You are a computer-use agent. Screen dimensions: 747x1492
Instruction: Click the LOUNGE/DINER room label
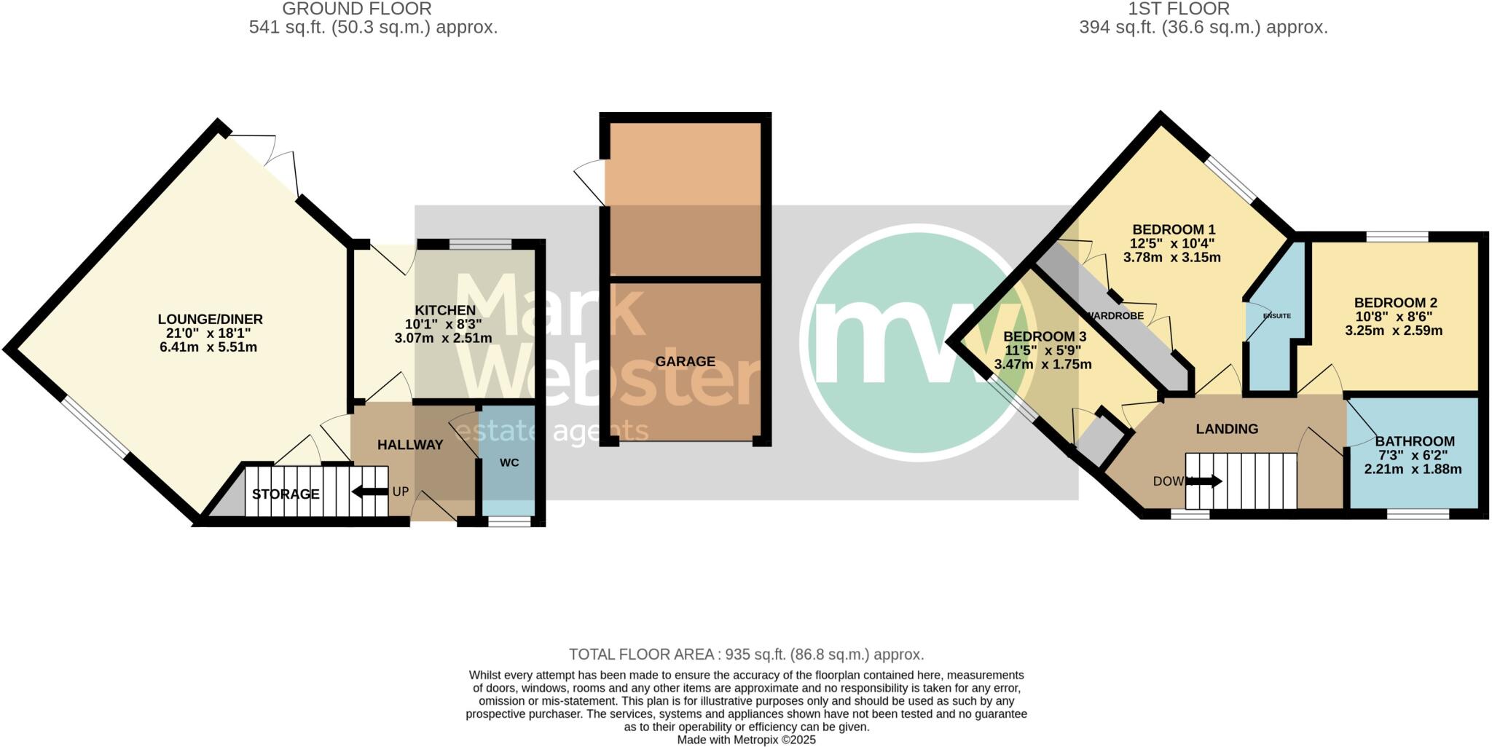click(x=210, y=320)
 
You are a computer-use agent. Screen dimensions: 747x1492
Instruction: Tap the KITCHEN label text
click(x=445, y=311)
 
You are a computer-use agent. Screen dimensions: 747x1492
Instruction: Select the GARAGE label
click(x=685, y=361)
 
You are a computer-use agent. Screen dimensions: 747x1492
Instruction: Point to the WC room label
click(x=509, y=462)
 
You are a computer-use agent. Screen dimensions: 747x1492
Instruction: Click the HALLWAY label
click(x=410, y=445)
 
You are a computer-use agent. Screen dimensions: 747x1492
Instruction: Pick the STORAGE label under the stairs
click(x=286, y=494)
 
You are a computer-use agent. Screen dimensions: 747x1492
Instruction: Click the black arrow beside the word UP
click(x=370, y=492)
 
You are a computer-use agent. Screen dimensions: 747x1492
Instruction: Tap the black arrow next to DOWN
click(x=1206, y=481)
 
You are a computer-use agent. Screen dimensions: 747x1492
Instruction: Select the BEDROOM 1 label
click(x=1174, y=229)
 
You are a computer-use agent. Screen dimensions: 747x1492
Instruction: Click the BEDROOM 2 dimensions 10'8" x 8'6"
click(x=1393, y=317)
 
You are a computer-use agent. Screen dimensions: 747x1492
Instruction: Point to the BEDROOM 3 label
click(x=1045, y=337)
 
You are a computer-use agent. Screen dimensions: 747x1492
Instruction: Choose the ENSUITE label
click(x=1276, y=316)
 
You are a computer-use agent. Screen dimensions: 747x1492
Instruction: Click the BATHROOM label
click(x=1415, y=441)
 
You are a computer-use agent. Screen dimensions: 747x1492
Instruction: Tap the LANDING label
click(x=1227, y=429)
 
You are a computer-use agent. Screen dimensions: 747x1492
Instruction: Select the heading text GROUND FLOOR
click(x=357, y=9)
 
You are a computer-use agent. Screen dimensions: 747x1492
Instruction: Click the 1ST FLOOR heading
click(x=1189, y=9)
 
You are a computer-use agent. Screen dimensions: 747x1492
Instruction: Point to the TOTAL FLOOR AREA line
click(x=746, y=655)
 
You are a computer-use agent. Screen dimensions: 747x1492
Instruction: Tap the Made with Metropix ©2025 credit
click(x=746, y=740)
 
